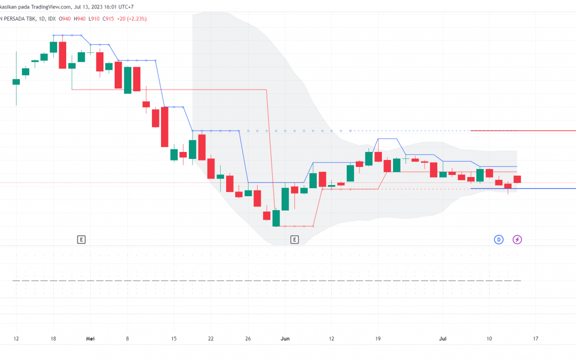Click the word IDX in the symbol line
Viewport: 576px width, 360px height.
pos(52,19)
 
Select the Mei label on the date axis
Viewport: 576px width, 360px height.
pos(90,338)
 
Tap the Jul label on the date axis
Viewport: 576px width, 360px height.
pos(442,338)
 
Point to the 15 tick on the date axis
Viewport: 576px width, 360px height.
pos(173,338)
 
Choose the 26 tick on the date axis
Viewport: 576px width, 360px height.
pos(248,338)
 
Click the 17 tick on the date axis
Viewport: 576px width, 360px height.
pos(535,338)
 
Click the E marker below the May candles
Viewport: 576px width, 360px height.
pos(81,239)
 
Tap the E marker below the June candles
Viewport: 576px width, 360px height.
pos(294,239)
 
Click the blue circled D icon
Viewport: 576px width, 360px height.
pos(499,239)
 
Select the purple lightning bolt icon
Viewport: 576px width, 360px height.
pos(517,239)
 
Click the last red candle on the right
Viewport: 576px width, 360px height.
pos(517,179)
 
